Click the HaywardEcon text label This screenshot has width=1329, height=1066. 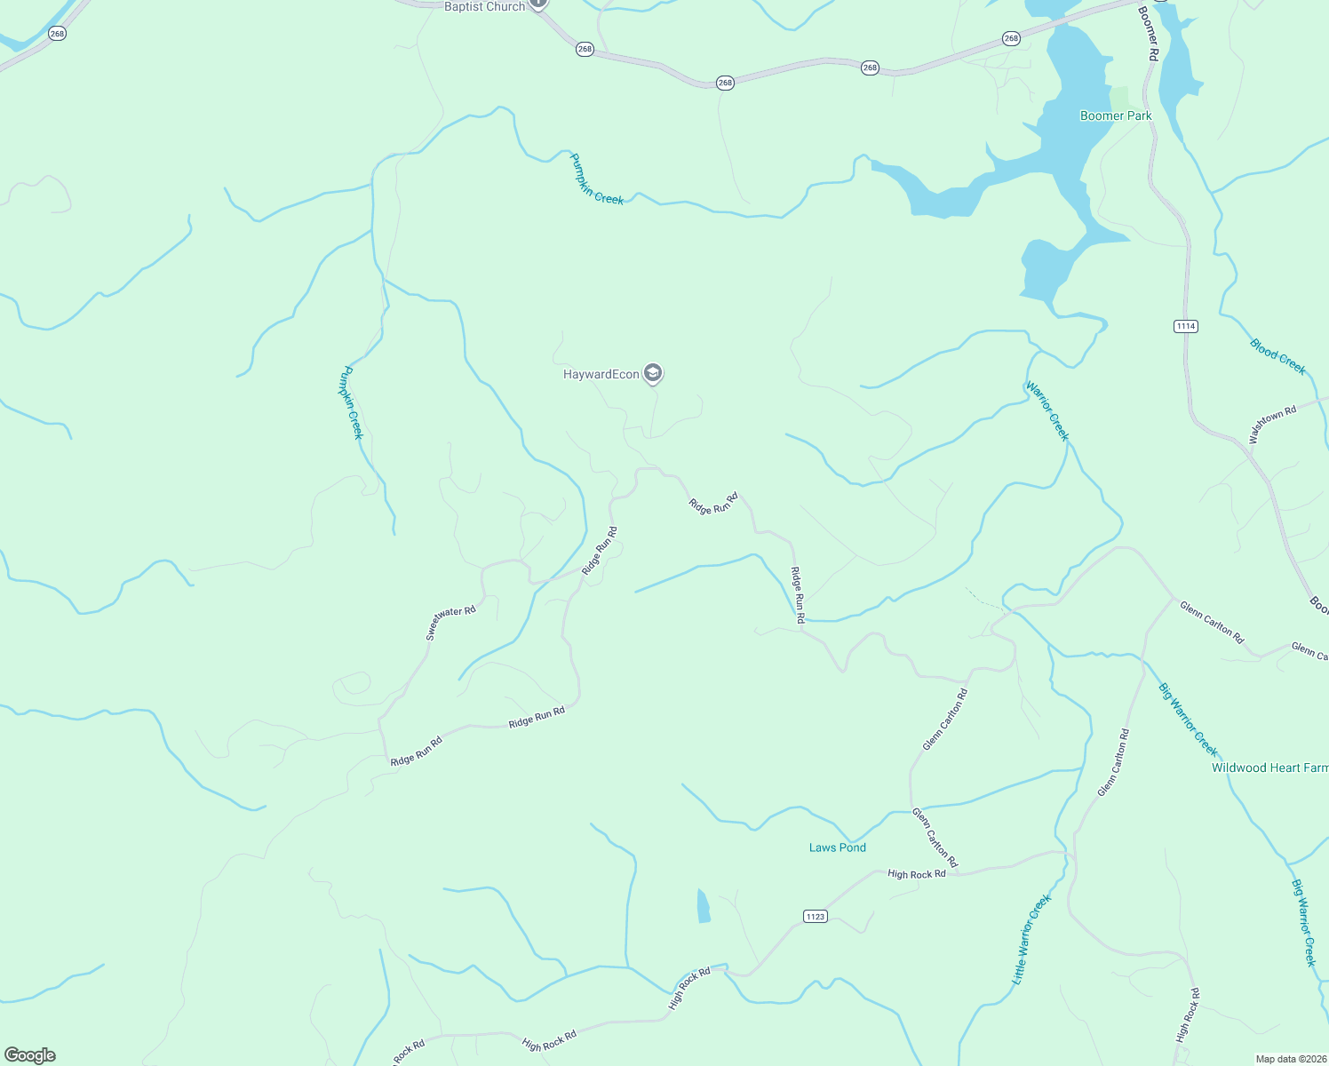point(601,374)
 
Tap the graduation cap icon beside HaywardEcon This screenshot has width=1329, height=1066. point(653,374)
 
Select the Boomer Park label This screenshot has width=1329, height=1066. point(1115,115)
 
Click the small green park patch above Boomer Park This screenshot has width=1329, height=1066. point(1119,97)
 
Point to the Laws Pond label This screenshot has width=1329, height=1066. point(837,847)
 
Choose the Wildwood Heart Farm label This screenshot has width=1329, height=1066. point(1269,768)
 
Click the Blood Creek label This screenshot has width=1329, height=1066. point(1277,356)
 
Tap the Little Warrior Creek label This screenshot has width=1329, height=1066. point(1031,939)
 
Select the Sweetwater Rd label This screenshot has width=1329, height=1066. point(450,622)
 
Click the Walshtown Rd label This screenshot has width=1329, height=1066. point(1272,424)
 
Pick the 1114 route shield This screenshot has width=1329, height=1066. point(1185,326)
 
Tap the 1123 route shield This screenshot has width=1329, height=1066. point(815,916)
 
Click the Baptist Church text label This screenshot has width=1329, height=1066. point(484,6)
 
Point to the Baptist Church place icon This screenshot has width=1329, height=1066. point(538,4)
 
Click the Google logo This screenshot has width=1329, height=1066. point(30,1055)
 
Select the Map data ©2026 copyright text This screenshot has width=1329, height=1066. point(1290,1059)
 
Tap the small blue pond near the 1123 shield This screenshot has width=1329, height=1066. point(704,906)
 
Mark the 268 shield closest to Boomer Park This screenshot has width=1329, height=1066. point(1011,38)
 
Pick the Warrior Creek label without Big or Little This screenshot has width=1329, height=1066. point(1046,410)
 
